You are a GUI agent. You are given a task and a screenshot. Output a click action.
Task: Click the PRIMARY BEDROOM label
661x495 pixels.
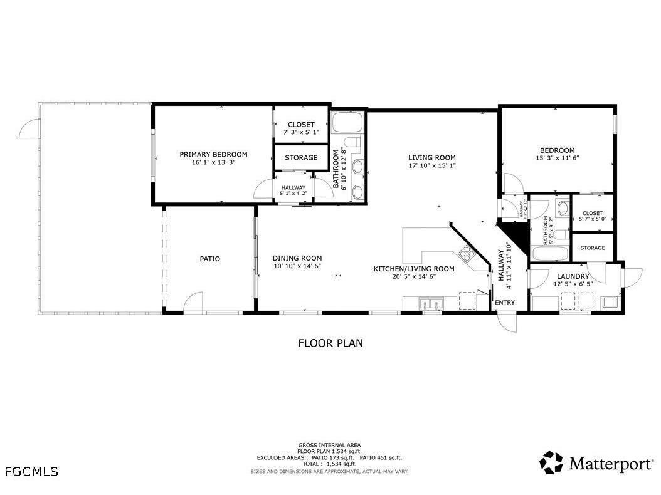pos(213,154)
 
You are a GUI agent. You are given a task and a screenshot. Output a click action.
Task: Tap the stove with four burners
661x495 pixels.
pos(467,253)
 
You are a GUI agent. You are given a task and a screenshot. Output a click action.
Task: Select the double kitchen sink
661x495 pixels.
pos(431,305)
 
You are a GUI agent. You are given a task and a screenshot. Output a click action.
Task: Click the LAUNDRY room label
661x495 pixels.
pos(573,276)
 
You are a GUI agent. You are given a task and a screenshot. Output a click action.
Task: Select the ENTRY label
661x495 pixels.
pos(505,303)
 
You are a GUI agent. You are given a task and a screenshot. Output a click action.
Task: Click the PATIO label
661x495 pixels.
pos(209,258)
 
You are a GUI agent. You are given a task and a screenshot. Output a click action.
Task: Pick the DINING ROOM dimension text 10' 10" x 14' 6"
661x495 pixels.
pos(297,266)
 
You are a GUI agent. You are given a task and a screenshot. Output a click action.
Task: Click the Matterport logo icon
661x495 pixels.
pos(552,463)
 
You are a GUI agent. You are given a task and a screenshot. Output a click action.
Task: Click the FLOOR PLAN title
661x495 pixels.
pos(330,343)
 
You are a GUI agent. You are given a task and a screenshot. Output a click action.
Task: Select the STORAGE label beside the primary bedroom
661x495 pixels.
pos(301,158)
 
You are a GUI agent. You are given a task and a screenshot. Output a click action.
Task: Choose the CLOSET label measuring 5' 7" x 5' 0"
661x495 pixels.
pos(592,219)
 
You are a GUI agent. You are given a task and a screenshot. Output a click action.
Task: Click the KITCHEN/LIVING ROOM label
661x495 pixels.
pos(413,268)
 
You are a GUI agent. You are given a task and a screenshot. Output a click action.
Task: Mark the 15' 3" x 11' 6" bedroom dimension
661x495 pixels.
pos(557,159)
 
